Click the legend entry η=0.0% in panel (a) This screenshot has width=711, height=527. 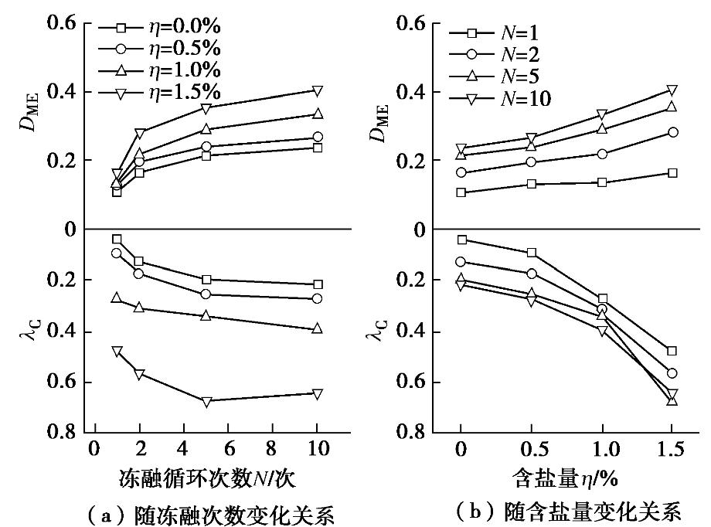click(170, 29)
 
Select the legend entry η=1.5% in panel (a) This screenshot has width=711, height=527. click(170, 92)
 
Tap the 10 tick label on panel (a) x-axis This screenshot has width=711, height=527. click(318, 449)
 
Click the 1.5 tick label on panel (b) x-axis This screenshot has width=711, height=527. click(672, 449)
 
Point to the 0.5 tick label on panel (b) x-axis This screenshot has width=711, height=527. click(530, 449)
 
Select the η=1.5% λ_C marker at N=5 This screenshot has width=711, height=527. click(206, 402)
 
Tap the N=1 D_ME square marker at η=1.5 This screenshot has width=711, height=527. click(672, 173)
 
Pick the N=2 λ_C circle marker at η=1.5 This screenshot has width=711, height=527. click(672, 373)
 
